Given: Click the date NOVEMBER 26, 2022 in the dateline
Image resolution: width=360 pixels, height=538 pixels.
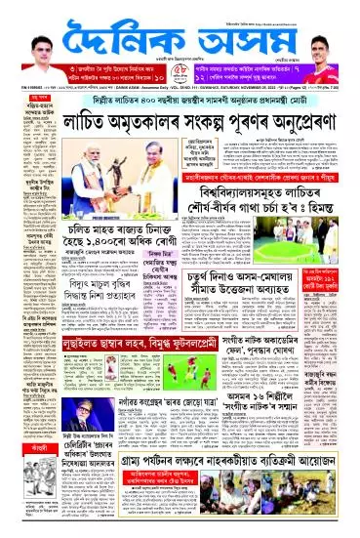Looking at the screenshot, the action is click(x=246, y=92).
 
